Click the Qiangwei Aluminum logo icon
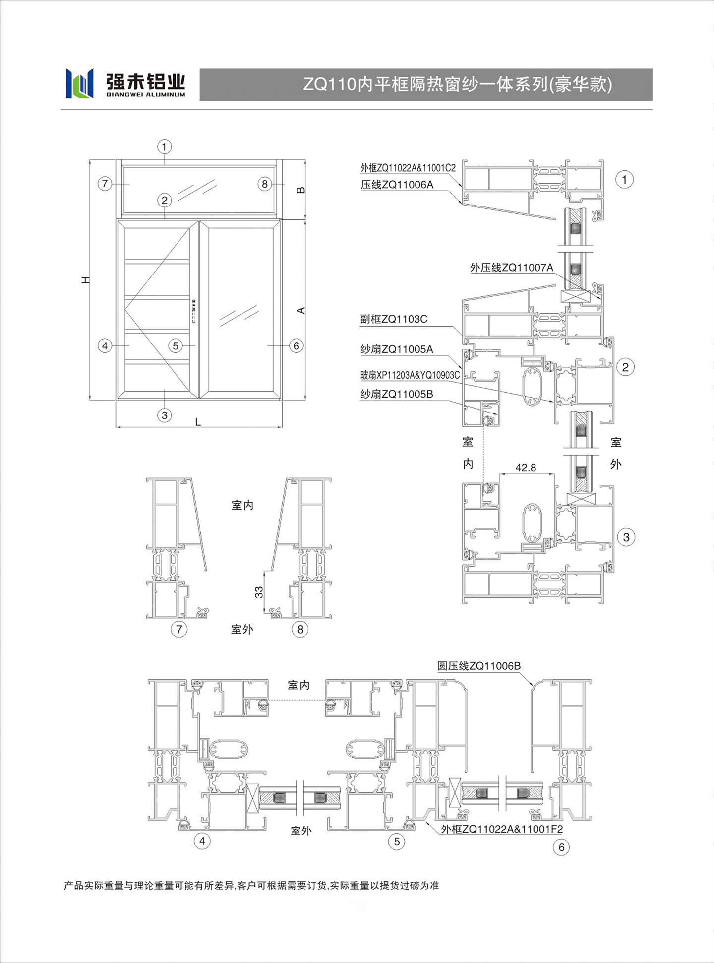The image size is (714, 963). point(79,83)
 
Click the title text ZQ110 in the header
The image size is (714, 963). point(330,84)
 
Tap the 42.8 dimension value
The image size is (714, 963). point(526,467)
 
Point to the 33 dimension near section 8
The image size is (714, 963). point(259,592)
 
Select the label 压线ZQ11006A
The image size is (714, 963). point(397,185)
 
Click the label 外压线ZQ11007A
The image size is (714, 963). point(512,268)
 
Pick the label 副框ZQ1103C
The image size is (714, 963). point(394,319)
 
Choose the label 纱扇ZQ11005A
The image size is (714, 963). point(397,349)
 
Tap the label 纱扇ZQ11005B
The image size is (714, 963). point(397,394)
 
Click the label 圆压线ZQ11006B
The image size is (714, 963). point(479,666)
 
